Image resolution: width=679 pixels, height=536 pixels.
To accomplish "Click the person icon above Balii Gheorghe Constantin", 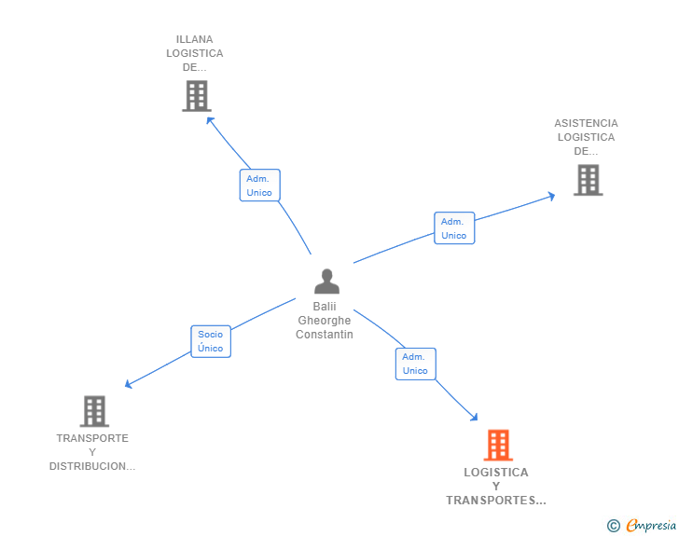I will (x=326, y=281).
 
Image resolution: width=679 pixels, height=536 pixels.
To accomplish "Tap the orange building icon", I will (x=499, y=446).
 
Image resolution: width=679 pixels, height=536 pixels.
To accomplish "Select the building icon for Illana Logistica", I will (x=196, y=96).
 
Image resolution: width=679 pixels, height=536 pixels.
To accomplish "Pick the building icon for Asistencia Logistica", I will (x=588, y=180).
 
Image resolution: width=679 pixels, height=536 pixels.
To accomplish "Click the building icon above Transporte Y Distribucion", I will (x=94, y=411).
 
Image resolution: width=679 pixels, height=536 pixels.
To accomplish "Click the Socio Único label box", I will (x=211, y=341).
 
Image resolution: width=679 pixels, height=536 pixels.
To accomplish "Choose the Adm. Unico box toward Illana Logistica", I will (x=259, y=186).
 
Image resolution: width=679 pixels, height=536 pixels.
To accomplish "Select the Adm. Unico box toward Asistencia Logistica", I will (x=454, y=228).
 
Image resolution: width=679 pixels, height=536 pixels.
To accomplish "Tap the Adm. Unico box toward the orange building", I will (x=415, y=364).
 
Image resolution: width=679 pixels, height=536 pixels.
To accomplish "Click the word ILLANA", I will (x=195, y=39).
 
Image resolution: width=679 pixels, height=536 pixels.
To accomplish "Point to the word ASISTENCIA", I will (x=586, y=123).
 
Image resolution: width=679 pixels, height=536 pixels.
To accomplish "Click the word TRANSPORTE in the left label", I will (x=92, y=438).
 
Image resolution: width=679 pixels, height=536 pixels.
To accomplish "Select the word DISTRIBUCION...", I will (x=92, y=466).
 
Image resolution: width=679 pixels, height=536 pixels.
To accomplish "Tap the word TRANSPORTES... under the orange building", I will (x=495, y=501).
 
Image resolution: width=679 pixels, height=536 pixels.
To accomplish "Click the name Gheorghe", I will (x=325, y=321).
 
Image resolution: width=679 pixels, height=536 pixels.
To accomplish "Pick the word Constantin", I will (x=325, y=335).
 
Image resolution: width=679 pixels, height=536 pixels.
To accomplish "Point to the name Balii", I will (x=325, y=307).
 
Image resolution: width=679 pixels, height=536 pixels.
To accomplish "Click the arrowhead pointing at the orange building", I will (x=475, y=419).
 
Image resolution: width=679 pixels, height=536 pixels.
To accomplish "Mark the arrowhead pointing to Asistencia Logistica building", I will (x=551, y=196).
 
